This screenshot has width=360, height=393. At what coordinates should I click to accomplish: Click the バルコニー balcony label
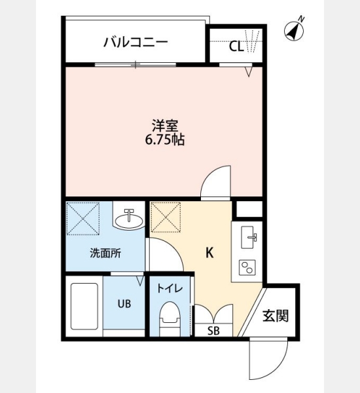coord(135,42)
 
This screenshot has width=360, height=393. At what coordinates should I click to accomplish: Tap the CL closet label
coord(236,47)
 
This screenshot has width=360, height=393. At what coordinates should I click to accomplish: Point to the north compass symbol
coord(295,30)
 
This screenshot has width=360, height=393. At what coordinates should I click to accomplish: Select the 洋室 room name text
coord(165,126)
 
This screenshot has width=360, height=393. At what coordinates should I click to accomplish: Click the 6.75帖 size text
coord(165,140)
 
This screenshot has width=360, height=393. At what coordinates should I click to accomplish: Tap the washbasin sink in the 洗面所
coord(129,219)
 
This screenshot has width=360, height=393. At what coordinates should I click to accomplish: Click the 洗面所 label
coord(105,253)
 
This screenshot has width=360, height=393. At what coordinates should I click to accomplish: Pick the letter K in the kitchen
coord(209,253)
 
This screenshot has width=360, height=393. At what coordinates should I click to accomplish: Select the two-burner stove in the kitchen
coord(247,267)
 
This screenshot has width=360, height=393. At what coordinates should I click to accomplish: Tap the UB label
coord(124,304)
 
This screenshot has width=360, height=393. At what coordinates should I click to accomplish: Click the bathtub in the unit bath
coord(84,307)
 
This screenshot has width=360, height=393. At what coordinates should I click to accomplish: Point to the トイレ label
coord(170,288)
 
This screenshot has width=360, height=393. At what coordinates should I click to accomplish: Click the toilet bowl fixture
coord(170,318)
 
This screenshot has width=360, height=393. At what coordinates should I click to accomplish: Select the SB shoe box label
coord(213,331)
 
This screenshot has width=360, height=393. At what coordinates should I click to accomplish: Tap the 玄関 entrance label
coord(276,316)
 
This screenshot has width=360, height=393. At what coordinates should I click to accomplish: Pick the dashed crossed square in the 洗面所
coord(83,219)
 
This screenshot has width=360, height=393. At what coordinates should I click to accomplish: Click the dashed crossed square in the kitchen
coord(166,217)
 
